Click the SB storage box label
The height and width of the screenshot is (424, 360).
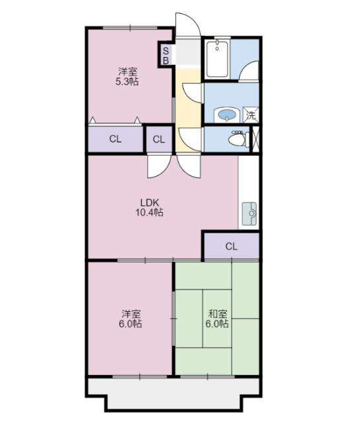165,54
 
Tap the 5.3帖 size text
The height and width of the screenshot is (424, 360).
128,81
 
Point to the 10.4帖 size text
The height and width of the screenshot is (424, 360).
150,213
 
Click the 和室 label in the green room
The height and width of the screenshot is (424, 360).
218,313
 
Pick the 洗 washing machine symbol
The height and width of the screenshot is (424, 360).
251,115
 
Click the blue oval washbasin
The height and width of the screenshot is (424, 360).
228,115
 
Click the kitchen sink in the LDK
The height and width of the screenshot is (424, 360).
251,213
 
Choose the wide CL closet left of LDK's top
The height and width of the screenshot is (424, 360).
115,139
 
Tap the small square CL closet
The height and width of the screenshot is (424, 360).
159,139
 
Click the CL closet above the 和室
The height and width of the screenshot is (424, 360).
230,246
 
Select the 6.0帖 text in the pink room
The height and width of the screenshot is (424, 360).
131,324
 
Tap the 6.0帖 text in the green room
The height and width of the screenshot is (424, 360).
218,324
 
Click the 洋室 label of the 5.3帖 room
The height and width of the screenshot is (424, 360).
128,71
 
